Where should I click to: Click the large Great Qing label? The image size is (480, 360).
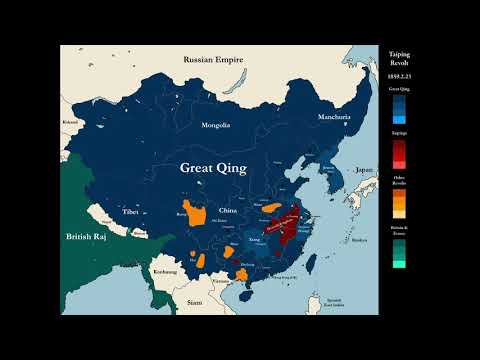(x=213, y=169)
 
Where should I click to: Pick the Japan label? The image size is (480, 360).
(x=363, y=170)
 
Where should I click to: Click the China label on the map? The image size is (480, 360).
(x=229, y=211)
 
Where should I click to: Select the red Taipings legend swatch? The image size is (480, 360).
(x=400, y=153)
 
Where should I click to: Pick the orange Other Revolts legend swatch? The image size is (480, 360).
(x=400, y=201)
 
